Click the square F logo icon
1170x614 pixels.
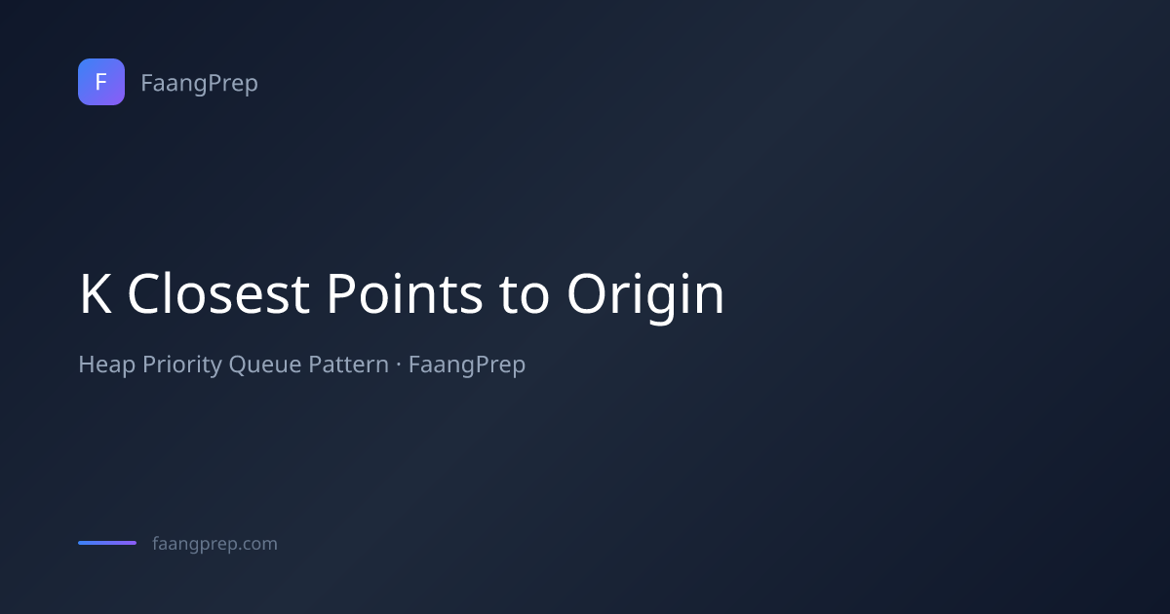[x=101, y=82]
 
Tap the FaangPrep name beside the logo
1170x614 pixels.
[x=199, y=84]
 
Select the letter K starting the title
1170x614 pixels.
[x=96, y=294]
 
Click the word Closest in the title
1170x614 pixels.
[x=218, y=294]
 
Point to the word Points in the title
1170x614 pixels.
[x=405, y=294]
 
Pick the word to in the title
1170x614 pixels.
[x=524, y=295]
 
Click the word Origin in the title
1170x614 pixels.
[x=645, y=297]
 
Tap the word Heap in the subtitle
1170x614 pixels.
[x=106, y=365]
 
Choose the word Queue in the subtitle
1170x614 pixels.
[x=265, y=365]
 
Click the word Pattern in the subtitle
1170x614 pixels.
[x=348, y=364]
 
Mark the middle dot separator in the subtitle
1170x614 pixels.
[x=399, y=365]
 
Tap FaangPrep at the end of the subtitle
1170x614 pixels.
[x=467, y=365]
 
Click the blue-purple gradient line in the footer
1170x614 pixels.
[x=107, y=543]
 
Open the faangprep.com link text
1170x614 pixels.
[x=214, y=544]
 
